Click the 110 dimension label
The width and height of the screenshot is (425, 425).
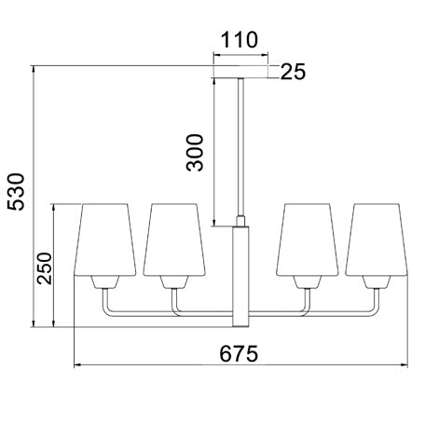(x=240, y=40)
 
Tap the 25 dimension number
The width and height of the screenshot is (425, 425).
(x=293, y=72)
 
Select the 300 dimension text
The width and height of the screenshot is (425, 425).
(x=195, y=153)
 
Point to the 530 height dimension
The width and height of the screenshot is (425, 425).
(x=16, y=192)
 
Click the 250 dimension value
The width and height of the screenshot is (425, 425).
(x=44, y=268)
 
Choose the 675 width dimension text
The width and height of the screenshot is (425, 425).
(x=239, y=353)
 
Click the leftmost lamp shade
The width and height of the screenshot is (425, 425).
(x=105, y=240)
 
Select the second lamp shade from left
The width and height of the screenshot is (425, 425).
(x=174, y=240)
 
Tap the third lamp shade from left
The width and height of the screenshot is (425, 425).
(x=308, y=240)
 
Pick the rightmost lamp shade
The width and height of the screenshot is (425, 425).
(x=377, y=240)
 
